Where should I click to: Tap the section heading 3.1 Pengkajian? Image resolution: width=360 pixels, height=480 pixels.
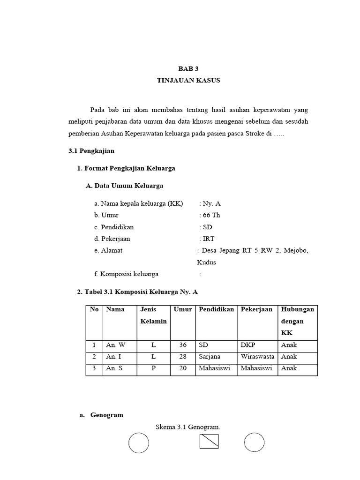click(91, 151)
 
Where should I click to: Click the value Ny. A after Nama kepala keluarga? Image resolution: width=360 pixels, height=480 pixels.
click(211, 203)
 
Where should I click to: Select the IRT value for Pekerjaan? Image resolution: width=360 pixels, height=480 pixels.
click(209, 239)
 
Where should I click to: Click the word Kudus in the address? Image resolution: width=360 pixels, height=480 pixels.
click(206, 262)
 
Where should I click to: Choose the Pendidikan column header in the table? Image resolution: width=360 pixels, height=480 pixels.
click(216, 309)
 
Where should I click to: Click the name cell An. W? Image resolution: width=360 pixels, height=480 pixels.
click(116, 345)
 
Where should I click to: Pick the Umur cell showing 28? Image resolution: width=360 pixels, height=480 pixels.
click(183, 357)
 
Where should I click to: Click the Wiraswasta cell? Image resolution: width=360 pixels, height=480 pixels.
click(257, 357)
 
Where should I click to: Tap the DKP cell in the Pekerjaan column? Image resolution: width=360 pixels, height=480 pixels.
click(248, 345)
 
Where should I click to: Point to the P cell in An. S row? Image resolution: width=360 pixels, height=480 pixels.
click(153, 368)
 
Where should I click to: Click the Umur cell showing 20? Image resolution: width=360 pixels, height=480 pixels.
click(183, 368)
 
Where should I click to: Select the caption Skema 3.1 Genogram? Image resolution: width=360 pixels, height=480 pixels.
click(188, 427)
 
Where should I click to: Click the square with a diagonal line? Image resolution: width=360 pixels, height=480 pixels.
click(209, 442)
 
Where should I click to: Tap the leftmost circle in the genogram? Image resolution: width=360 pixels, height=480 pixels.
click(139, 443)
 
